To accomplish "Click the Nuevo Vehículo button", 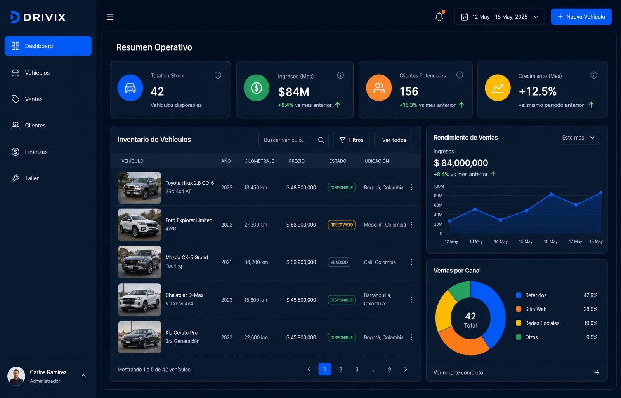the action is coord(581,17).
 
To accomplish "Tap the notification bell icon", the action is coord(439,16).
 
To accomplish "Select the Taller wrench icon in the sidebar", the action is coord(16,178).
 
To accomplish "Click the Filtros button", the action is coord(351,140).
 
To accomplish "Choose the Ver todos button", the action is coord(394,140).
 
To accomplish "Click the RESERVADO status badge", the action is coord(342,225).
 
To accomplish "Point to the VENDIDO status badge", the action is coord(339,262).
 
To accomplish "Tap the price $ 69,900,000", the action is coord(301,262).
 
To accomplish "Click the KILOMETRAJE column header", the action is coord(259,161).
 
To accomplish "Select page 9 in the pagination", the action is coord(389,369).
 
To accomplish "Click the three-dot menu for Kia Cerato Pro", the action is coord(411,337).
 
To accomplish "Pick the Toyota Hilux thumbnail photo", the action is coord(139,188).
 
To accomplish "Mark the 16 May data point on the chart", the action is coord(551,194).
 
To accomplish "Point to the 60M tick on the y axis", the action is coord(438,205).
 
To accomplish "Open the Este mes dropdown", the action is coord(578,138).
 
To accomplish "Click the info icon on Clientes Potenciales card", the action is coord(460,75).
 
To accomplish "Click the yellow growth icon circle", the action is coord(498,88).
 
